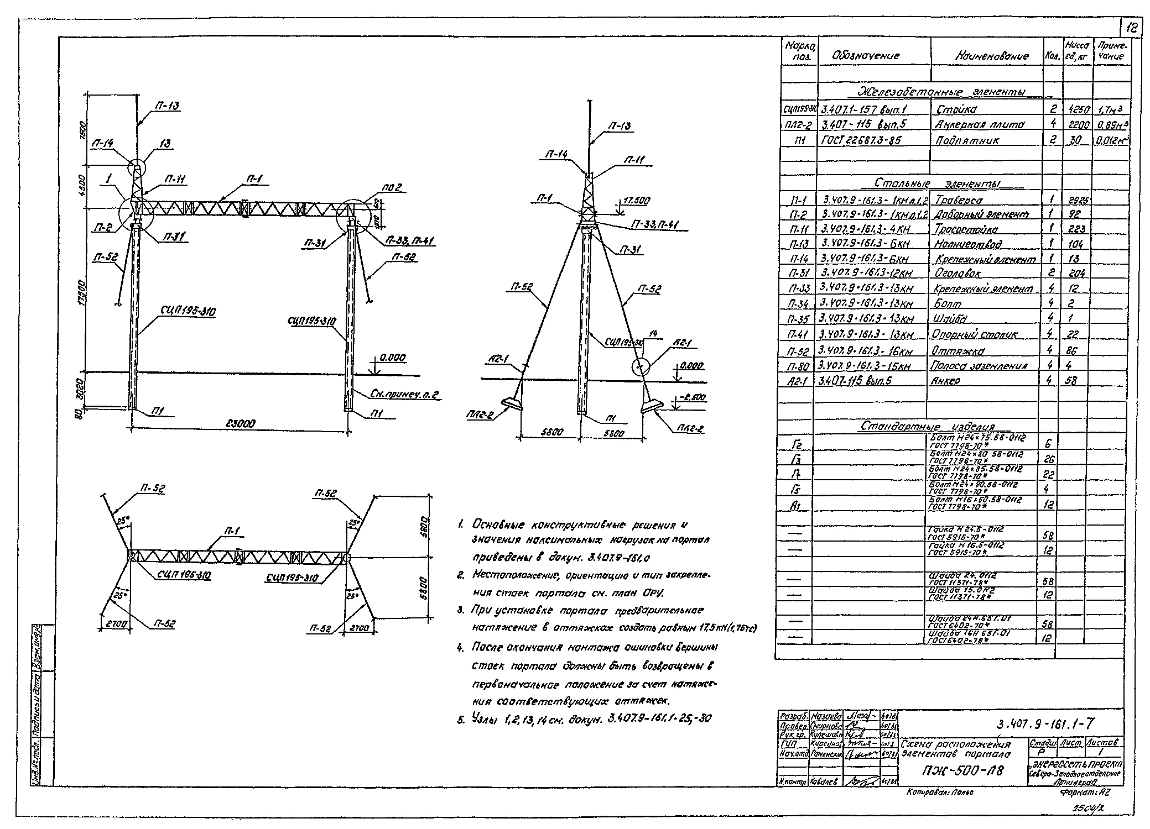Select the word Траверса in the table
(959, 200)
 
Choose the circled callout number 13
(165, 144)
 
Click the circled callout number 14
(653, 334)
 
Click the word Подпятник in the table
(967, 140)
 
